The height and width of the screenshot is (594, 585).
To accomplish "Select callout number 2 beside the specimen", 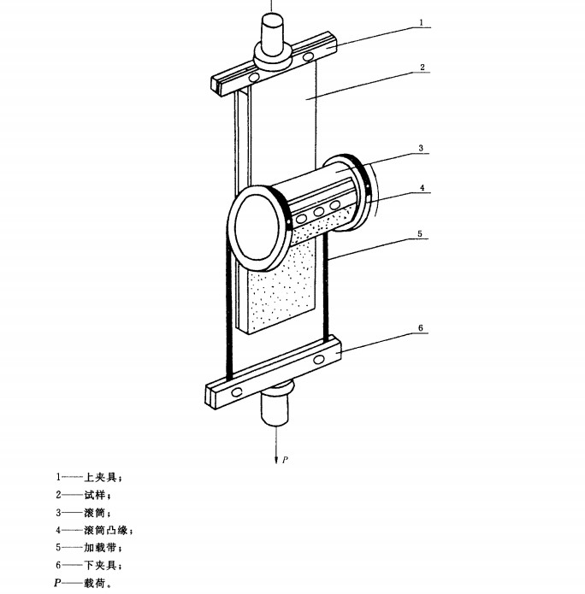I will tap(422, 66).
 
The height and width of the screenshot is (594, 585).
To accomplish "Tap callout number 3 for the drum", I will tap(422, 147).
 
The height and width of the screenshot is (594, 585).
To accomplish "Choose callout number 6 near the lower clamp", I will tap(422, 327).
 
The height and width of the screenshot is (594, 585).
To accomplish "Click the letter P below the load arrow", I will tap(285, 460).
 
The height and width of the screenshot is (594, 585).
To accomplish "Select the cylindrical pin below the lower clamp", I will tap(275, 407).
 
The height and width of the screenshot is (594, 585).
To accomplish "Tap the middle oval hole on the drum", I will tap(318, 211).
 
